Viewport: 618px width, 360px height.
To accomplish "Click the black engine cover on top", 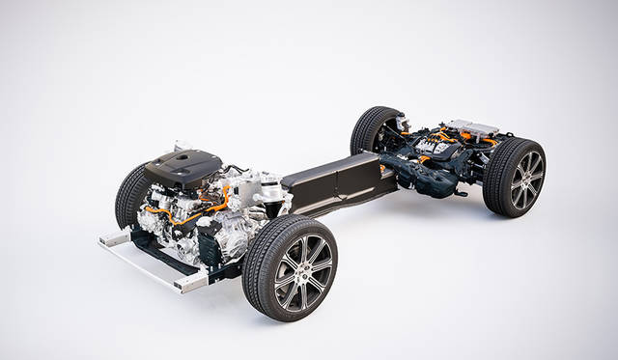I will [183, 167].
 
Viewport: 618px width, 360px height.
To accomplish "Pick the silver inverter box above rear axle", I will [472, 127].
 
